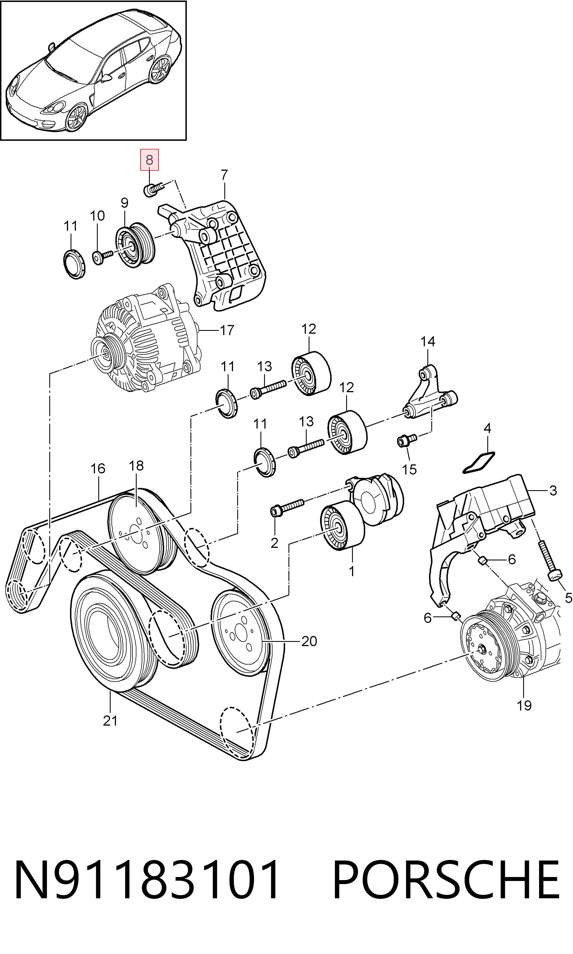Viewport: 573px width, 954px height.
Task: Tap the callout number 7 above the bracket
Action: (x=225, y=175)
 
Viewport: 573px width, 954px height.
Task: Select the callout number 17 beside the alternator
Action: (x=227, y=330)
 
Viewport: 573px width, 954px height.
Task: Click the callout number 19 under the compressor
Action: (x=524, y=705)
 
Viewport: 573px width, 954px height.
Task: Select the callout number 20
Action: (x=309, y=641)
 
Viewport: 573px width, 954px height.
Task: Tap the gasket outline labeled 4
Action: (x=479, y=463)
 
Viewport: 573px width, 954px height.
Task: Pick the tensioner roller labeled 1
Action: (x=343, y=526)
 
